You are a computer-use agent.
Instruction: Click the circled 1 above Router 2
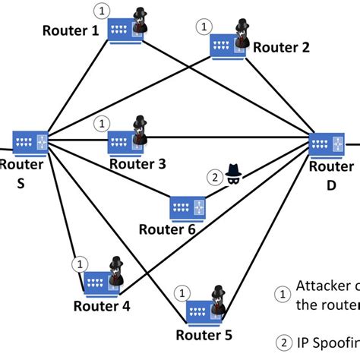coord(202,26)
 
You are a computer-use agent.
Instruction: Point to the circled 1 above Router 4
coord(77,264)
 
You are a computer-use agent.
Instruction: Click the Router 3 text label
coord(136,164)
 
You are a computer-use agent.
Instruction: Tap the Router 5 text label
coord(203,334)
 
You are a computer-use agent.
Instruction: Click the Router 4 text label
coord(102,306)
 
